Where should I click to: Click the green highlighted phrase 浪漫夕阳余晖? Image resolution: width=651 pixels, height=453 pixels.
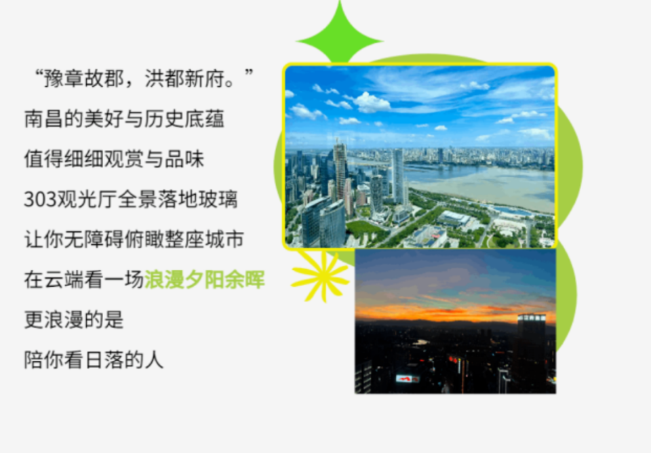(204, 280)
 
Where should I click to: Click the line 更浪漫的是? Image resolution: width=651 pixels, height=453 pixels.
(74, 320)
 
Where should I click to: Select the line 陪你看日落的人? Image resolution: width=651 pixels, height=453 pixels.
(94, 360)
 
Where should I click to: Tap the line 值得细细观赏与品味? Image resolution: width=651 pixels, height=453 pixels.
(114, 160)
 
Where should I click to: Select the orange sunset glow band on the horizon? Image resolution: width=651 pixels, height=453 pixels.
(454, 313)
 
